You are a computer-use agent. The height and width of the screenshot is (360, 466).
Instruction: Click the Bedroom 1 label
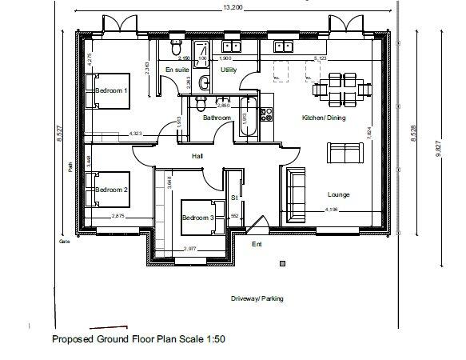point(112,91)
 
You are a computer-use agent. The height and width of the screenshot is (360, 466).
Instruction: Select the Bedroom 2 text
point(112,190)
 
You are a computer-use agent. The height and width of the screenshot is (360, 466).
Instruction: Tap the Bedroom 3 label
point(197,218)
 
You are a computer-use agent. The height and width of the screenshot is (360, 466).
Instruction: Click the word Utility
point(229,70)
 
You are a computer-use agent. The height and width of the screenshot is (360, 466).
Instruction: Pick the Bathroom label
point(217,118)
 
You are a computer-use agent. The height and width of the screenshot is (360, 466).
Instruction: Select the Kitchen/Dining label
point(323,118)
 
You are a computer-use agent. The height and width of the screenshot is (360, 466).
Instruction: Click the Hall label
point(198,157)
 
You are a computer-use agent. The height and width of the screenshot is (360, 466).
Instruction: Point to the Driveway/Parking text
point(257,298)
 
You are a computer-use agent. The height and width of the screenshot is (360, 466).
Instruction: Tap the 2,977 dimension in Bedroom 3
point(190,249)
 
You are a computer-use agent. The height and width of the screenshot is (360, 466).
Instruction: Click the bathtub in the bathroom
point(247,117)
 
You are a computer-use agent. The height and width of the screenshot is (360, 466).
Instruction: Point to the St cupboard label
point(234,196)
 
